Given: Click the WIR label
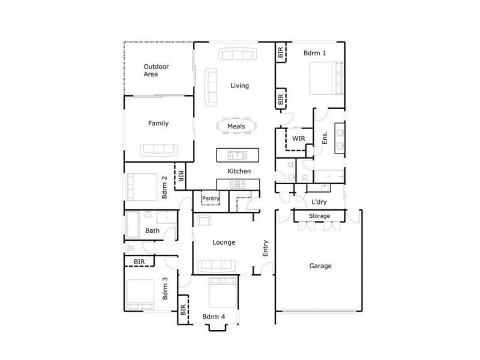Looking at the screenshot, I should point(298,139).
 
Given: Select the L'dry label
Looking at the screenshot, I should point(318,202).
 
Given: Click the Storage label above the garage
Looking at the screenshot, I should point(319,216).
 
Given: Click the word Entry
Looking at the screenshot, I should point(265,248).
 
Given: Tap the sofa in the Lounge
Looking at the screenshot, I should point(217,264).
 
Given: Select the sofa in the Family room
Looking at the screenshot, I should point(158,149).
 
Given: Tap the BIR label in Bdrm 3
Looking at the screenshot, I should point(139,262).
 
